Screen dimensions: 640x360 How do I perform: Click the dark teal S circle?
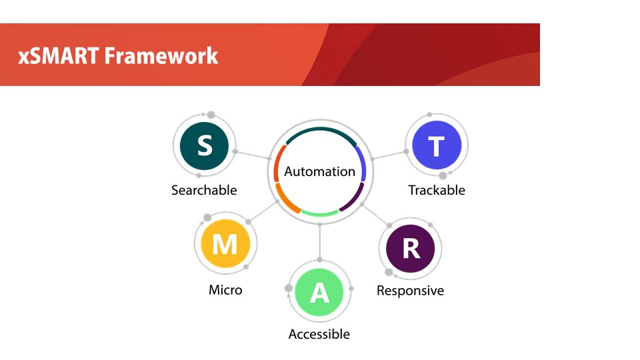click(x=204, y=146)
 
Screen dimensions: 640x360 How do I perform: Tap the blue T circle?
click(x=437, y=145)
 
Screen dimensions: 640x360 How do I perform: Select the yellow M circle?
click(x=225, y=244)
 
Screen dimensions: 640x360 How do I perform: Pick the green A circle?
click(x=319, y=292)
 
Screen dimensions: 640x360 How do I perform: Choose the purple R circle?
click(x=411, y=249)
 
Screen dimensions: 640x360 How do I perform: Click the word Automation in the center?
click(x=319, y=171)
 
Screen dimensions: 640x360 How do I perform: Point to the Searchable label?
click(x=204, y=190)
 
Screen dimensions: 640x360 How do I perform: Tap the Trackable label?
click(x=437, y=190)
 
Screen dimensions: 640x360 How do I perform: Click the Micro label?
click(x=225, y=290)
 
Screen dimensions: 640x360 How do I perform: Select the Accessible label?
click(x=319, y=334)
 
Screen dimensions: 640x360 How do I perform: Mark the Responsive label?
click(x=410, y=291)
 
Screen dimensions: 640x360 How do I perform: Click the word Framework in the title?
click(x=161, y=55)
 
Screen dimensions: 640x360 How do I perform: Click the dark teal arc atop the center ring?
click(x=321, y=129)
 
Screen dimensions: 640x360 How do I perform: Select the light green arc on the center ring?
click(x=320, y=214)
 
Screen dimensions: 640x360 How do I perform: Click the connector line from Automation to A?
click(x=319, y=242)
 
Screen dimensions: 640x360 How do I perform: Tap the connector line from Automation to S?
click(x=252, y=155)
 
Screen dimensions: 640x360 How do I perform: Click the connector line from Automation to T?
click(x=389, y=155)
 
